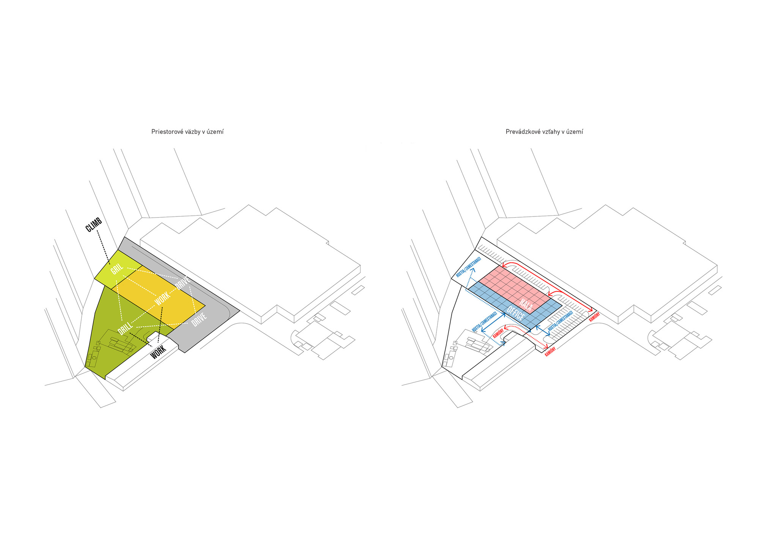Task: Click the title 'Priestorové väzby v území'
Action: [187, 132]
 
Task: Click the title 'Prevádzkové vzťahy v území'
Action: [544, 132]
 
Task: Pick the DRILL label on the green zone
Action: [126, 328]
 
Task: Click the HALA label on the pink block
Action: [526, 304]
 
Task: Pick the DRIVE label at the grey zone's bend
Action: [199, 319]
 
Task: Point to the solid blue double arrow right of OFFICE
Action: [543, 330]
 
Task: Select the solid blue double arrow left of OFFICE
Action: [493, 323]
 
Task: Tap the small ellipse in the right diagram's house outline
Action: [451, 358]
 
